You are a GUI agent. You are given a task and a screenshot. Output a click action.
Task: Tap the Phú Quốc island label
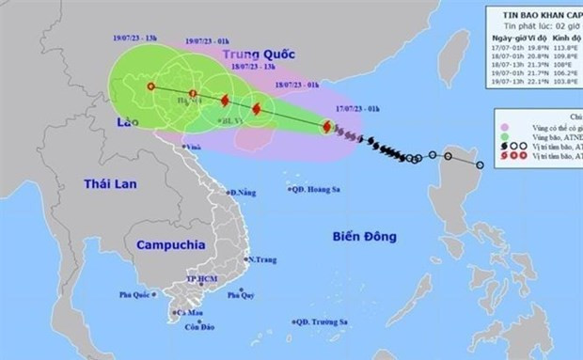pos(136,294)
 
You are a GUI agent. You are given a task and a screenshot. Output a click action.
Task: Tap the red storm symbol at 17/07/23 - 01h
pos(325,127)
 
